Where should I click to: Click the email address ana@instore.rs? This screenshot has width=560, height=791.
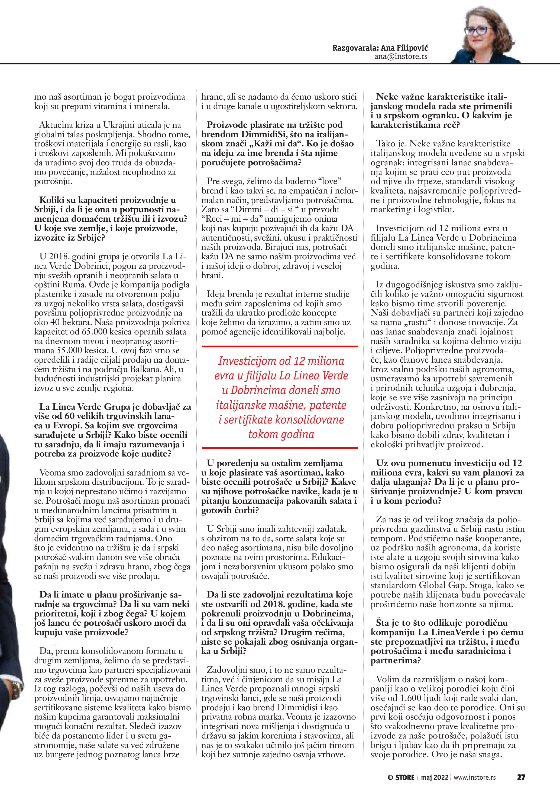click(401, 57)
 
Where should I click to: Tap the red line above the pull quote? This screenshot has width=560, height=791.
click(280, 346)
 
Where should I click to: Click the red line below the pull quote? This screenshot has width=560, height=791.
click(280, 448)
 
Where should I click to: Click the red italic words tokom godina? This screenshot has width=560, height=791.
click(281, 434)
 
